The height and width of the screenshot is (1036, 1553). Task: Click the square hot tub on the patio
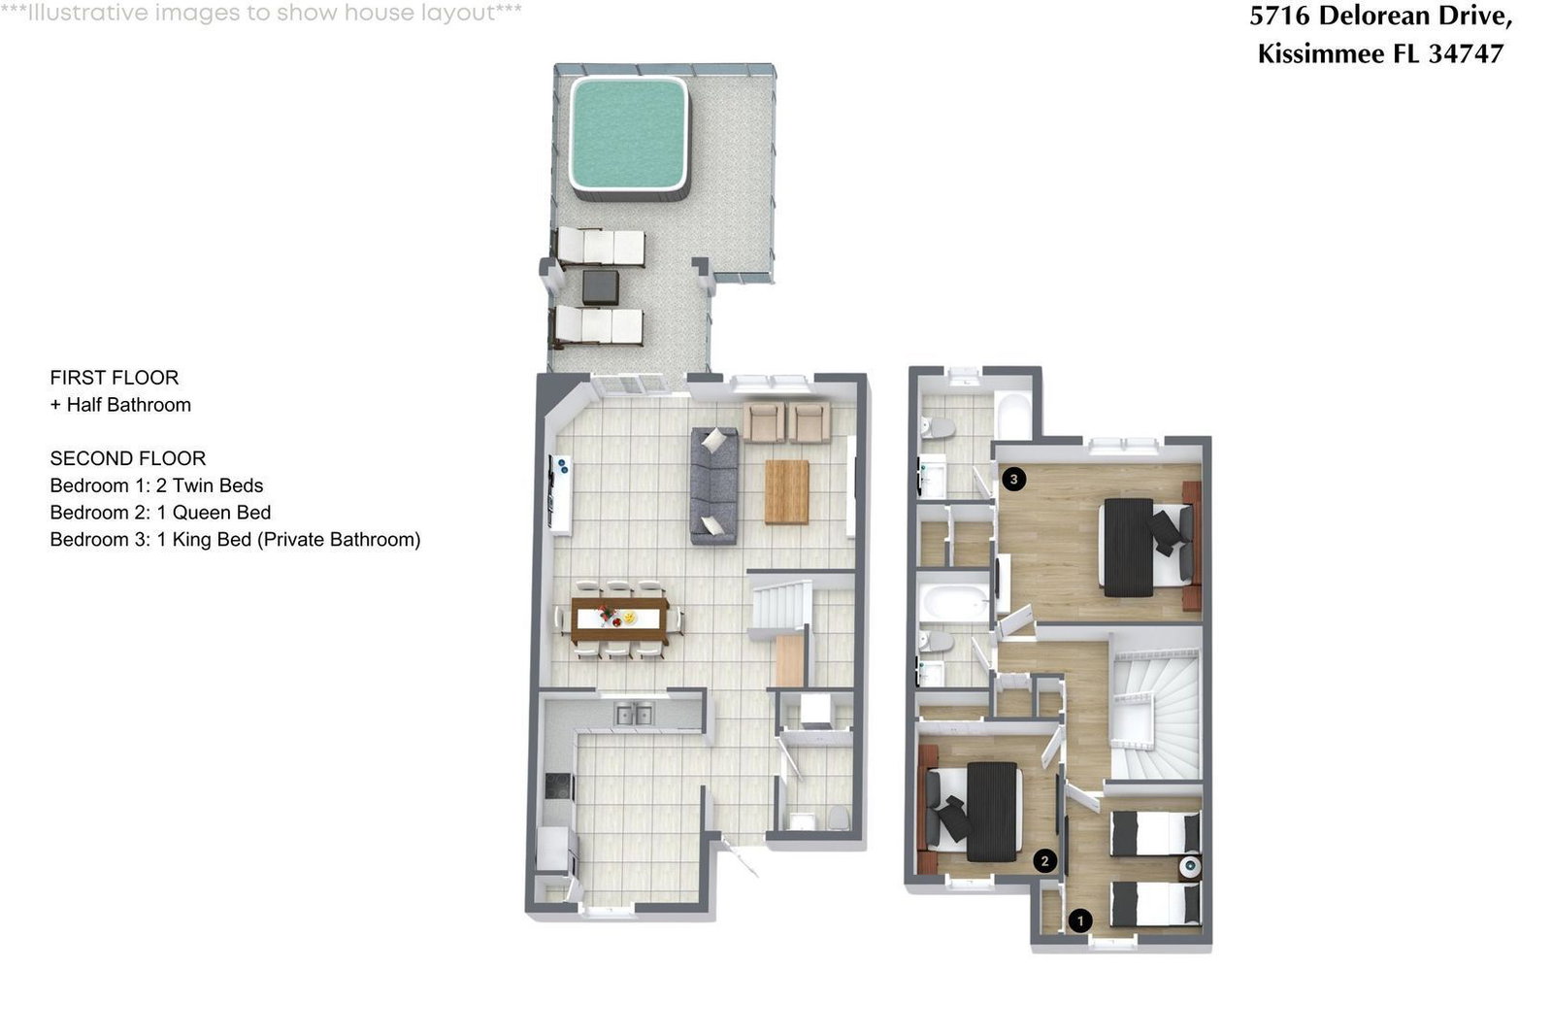tap(628, 137)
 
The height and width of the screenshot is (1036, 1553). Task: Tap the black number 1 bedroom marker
tap(1080, 920)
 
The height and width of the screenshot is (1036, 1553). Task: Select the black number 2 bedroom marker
tap(1044, 861)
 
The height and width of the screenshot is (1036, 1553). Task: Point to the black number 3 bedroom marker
tap(1014, 480)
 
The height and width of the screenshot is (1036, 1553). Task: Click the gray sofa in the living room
tap(714, 485)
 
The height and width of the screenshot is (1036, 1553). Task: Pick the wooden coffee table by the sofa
tap(787, 492)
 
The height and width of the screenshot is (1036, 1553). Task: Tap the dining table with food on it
tap(619, 619)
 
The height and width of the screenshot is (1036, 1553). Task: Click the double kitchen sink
tap(635, 715)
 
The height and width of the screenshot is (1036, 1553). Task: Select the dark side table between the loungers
tap(601, 287)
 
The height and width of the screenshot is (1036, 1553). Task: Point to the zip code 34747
tap(1467, 54)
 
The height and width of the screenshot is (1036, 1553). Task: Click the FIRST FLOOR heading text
tap(115, 378)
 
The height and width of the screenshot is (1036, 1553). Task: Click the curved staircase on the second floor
tap(1156, 715)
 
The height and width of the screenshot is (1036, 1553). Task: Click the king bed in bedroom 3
tap(1147, 547)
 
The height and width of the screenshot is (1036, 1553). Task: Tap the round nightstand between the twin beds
tap(1190, 865)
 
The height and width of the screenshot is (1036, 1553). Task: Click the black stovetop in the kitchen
tap(559, 786)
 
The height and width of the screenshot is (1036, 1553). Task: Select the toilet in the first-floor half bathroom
tap(839, 818)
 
